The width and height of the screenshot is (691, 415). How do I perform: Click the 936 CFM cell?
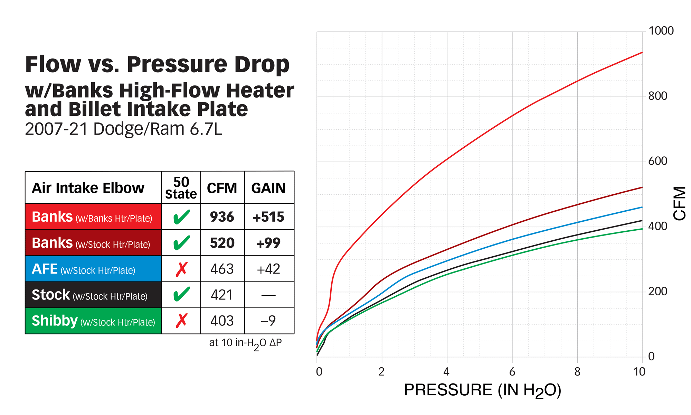(x=222, y=217)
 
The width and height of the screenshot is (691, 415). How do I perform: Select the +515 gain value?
(x=268, y=217)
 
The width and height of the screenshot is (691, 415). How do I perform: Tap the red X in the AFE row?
(x=181, y=269)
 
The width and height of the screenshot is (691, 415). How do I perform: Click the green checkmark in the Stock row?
(x=181, y=294)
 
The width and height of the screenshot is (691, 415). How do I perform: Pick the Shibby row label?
(x=93, y=321)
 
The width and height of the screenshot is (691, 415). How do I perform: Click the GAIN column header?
(x=268, y=188)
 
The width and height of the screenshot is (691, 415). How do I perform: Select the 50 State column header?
(x=181, y=188)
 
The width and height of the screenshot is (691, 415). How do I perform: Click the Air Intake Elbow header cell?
(x=88, y=188)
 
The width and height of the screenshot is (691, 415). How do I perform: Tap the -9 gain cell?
(x=268, y=321)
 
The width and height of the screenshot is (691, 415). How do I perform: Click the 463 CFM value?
(x=222, y=269)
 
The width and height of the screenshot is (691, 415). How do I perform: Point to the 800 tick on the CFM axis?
(x=657, y=96)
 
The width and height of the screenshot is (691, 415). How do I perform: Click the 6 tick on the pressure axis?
(x=512, y=372)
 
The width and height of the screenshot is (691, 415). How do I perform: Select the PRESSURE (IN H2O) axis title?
(x=482, y=390)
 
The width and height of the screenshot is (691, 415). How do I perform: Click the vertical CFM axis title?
(x=679, y=203)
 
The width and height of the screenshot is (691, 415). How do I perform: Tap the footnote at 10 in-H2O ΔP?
(x=245, y=343)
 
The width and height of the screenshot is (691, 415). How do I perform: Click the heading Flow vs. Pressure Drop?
(x=157, y=64)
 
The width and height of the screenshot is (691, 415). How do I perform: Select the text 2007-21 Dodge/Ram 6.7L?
(x=123, y=129)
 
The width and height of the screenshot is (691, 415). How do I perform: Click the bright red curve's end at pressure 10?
(x=642, y=53)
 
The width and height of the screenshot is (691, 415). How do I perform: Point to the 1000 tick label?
(x=661, y=31)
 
